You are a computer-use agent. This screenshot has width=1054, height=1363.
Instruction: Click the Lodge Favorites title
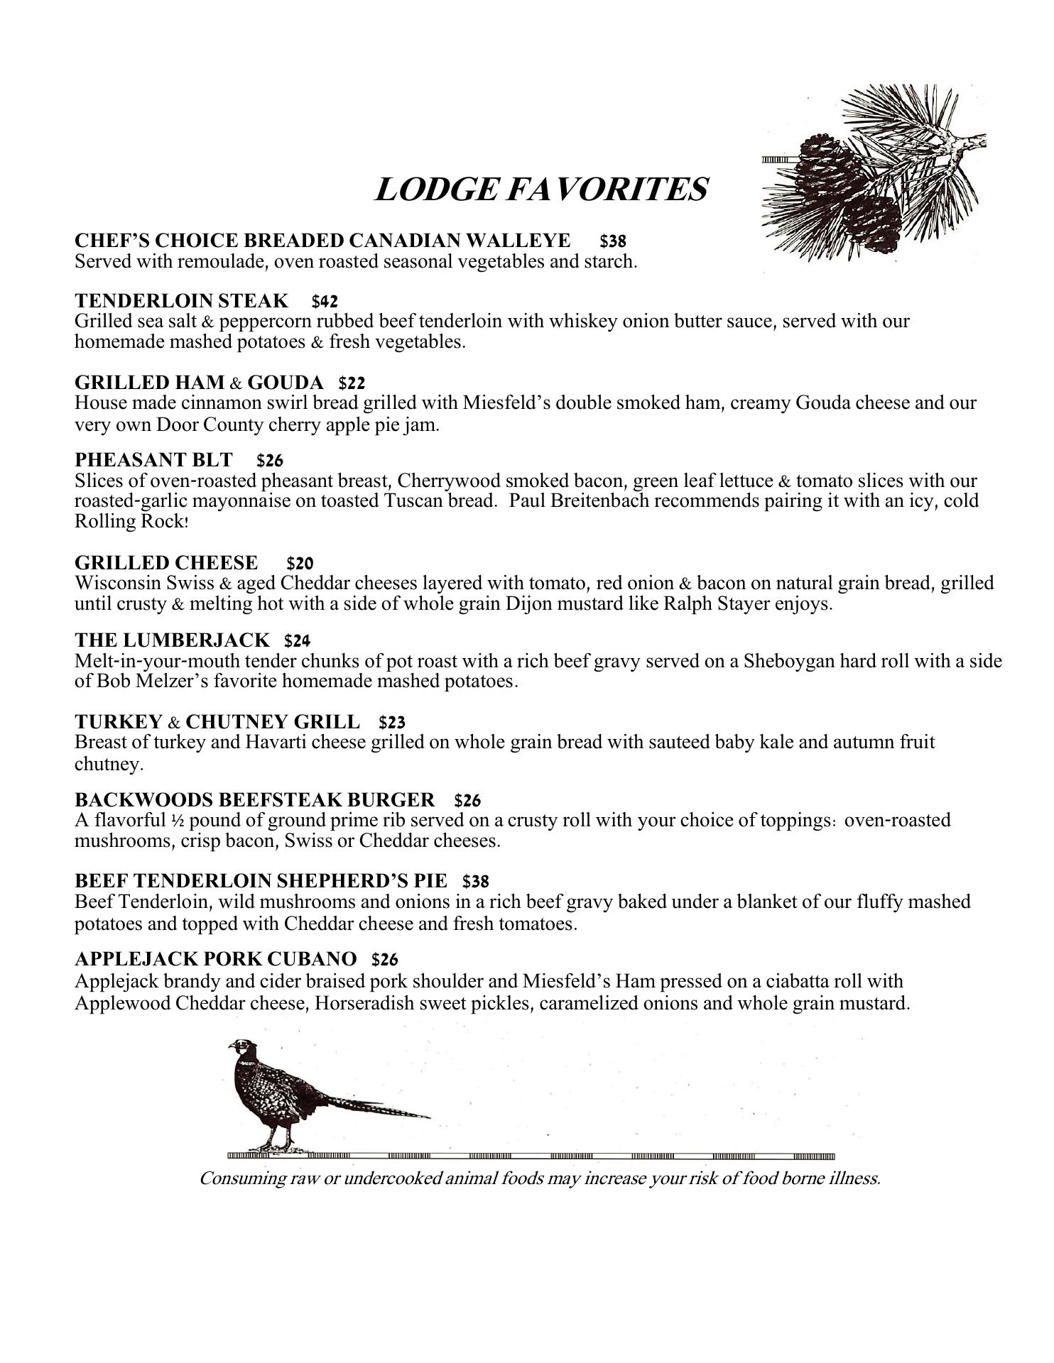pos(540,190)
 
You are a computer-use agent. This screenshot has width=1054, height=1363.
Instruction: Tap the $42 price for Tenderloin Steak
pos(325,301)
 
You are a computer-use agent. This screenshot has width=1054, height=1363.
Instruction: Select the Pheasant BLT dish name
pos(153,460)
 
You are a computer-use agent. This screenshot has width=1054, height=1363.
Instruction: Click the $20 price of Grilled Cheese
pos(300,564)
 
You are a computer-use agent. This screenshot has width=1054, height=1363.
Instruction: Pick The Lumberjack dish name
pos(172,640)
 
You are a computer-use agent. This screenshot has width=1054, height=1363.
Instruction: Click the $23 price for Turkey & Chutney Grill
pos(392,723)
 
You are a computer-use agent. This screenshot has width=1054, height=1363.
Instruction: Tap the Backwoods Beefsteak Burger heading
pos(254,800)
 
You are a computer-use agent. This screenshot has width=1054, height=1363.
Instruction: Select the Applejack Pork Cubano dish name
pos(215,960)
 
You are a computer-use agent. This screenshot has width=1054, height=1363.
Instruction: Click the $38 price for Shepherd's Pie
pos(475,882)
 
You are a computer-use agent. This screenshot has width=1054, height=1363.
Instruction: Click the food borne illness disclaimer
pos(540,1179)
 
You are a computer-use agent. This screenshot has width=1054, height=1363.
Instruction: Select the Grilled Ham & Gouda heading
pos(199,383)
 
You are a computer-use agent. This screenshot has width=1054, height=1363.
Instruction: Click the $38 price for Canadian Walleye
pos(612,241)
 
